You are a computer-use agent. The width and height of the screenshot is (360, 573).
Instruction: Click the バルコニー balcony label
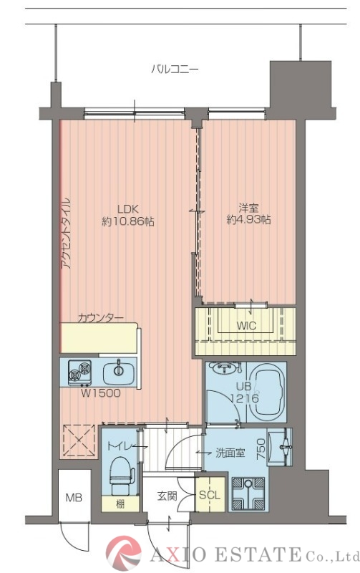[175, 68]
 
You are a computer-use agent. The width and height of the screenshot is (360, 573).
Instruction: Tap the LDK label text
[127, 209]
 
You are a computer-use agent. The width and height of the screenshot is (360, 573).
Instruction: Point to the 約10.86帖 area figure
[127, 221]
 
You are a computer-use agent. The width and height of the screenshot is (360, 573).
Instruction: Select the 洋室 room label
[248, 208]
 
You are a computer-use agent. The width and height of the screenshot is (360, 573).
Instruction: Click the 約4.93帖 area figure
[248, 221]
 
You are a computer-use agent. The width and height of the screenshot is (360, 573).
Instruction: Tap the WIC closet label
[245, 325]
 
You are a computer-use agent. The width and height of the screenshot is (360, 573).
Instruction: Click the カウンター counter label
[100, 318]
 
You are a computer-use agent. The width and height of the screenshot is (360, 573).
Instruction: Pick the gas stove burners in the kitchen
[79, 372]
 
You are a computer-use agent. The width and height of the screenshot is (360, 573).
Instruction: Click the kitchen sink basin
[118, 372]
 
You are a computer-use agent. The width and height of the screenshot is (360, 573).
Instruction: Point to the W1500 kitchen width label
[100, 393]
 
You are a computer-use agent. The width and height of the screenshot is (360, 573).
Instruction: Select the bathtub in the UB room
[268, 391]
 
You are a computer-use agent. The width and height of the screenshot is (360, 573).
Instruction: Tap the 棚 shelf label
[120, 504]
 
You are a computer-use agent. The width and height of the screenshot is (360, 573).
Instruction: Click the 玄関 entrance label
[167, 496]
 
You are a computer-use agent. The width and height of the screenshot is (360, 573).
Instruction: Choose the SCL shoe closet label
[210, 495]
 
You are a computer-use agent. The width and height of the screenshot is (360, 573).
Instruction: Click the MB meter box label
[74, 497]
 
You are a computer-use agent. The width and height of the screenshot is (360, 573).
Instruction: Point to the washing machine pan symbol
[248, 493]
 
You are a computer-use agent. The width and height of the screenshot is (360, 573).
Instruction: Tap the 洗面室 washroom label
[230, 453]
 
